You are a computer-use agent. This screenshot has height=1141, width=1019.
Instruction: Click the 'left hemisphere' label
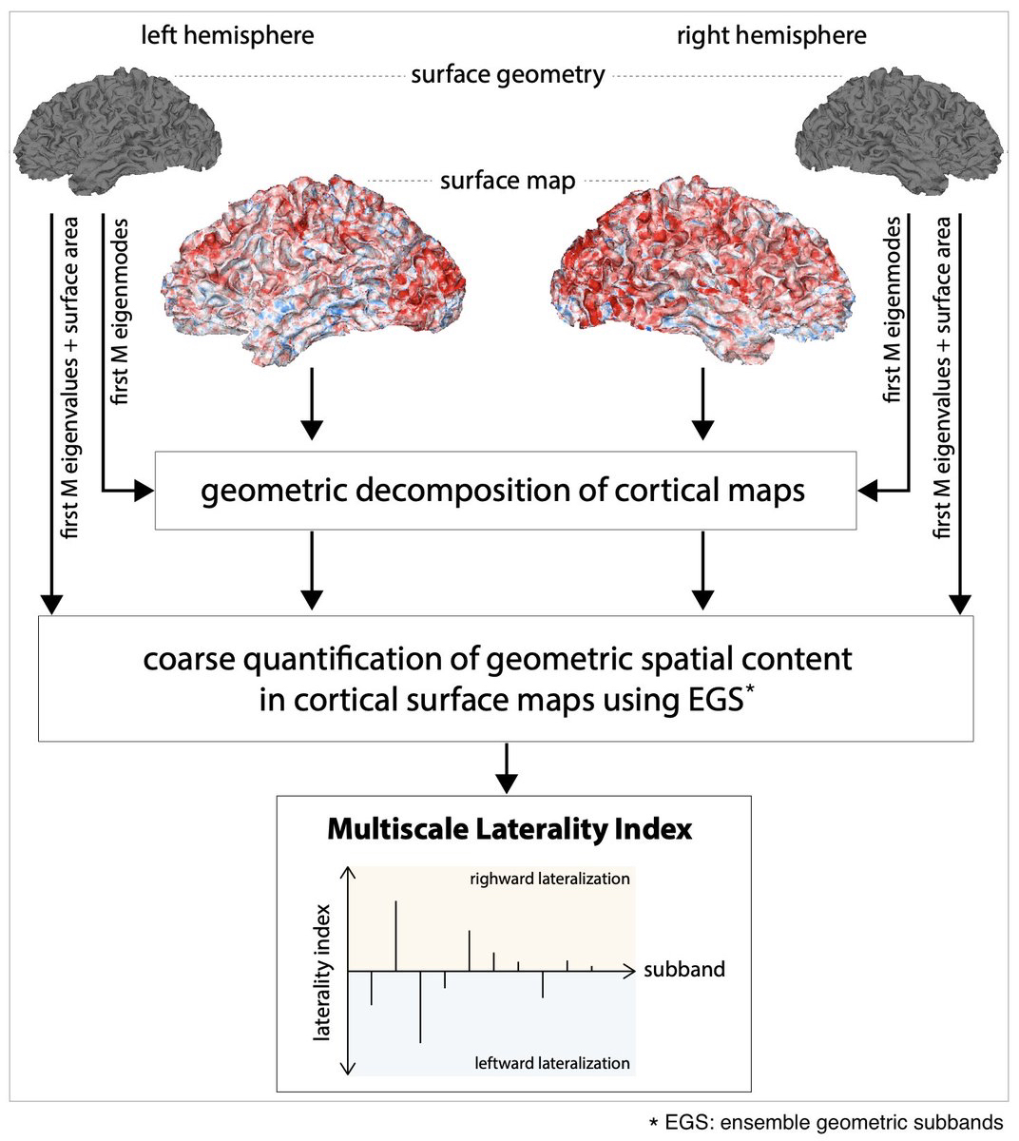tap(227, 36)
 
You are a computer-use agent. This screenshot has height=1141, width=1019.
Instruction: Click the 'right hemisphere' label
tap(771, 36)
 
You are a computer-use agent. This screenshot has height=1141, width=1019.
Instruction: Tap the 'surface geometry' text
tap(508, 75)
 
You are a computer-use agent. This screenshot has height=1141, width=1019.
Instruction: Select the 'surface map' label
tap(508, 180)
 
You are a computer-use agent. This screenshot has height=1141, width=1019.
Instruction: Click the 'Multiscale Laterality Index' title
tap(509, 829)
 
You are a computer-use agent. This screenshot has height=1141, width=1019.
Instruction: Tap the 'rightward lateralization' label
tap(549, 879)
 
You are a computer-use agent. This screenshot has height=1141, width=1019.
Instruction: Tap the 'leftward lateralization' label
tap(552, 1062)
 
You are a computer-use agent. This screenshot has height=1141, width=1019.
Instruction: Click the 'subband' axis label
tap(684, 970)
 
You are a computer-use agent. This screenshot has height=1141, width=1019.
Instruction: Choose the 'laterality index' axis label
tap(324, 970)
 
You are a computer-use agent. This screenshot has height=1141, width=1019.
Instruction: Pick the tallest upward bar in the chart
tap(395, 935)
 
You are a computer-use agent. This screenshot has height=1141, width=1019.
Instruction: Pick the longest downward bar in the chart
tap(420, 1007)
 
